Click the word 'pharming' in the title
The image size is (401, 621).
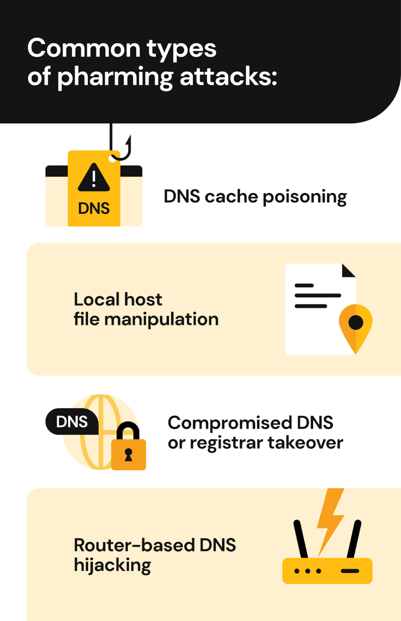point(115,77)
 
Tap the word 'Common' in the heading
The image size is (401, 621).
point(84,49)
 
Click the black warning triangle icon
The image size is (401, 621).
point(94,178)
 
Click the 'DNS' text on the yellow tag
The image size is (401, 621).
point(94,208)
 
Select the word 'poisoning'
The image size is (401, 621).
point(305,197)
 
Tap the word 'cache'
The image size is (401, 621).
point(231,197)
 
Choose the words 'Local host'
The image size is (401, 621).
point(117,300)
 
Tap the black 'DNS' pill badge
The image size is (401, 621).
point(72,422)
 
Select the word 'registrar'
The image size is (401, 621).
point(226,443)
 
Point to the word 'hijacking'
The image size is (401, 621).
point(112,565)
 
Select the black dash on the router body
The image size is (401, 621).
point(350,571)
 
